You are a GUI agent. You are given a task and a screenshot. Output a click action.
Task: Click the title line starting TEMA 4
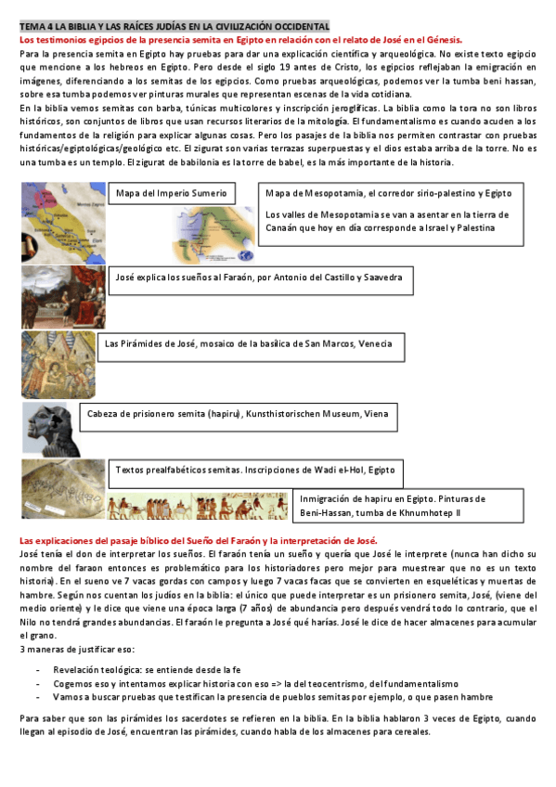pos(174,27)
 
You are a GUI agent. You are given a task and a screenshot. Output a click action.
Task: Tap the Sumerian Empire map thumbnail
pos(62,208)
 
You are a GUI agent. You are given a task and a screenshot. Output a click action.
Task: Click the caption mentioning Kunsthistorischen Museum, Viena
pos(238,414)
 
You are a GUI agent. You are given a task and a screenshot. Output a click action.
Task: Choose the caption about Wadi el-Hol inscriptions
pos(254,471)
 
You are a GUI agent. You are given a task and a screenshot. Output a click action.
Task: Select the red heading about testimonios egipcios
pos(241,40)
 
